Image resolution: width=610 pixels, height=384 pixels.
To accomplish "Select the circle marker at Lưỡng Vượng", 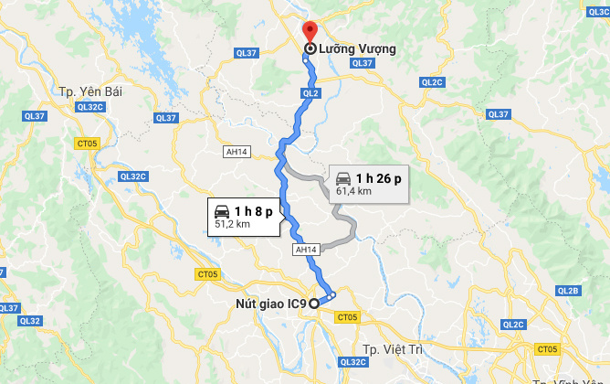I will coord(310,48).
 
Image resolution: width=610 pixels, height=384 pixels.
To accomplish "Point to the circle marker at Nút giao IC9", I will coord(314,303).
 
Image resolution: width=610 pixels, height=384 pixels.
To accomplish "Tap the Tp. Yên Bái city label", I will coord(89,91).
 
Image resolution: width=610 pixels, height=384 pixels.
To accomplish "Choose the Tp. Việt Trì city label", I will coord(395,350).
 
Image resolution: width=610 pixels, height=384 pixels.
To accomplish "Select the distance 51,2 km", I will coord(232,224).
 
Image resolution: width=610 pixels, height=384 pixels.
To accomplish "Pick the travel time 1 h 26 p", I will coord(378,178).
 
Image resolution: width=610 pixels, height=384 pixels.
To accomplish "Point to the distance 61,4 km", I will coord(353,191).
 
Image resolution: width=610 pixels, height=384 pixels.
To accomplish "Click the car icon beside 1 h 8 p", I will coord(222,212).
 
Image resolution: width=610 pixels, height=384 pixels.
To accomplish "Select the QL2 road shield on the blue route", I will coord(310,93).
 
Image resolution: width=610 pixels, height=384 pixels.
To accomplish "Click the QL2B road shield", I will coord(567,291).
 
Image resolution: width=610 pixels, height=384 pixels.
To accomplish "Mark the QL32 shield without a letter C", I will coord(29,321).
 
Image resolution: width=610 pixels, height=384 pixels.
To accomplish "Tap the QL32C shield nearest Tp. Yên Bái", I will coord(90,106).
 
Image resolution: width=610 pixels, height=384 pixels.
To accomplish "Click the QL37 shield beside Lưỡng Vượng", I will coord(363,63).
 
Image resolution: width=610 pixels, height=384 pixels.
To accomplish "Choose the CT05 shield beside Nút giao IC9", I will coord(346,317).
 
